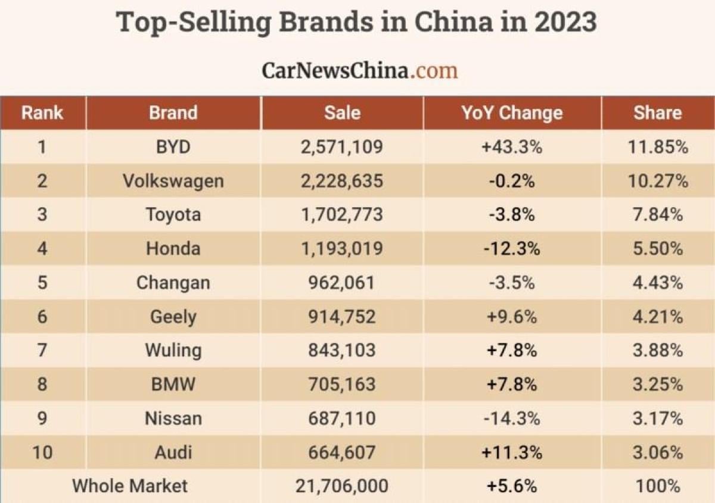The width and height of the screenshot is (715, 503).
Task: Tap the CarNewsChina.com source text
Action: pyautogui.click(x=359, y=70)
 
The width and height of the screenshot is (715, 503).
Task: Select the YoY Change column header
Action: pyautogui.click(x=512, y=113)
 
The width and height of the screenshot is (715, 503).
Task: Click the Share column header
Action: pyautogui.click(x=657, y=113)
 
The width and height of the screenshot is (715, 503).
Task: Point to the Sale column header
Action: pyautogui.click(x=342, y=113)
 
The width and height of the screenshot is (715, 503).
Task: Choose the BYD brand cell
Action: pyautogui.click(x=173, y=146)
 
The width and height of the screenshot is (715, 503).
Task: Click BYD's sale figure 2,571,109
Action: pyautogui.click(x=342, y=146)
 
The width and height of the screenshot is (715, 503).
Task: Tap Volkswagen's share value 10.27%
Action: pyautogui.click(x=657, y=180)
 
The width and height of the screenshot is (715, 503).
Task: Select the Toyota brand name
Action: pyautogui.click(x=173, y=214)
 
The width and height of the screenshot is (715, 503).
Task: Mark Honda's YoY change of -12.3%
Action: pyautogui.click(x=512, y=248)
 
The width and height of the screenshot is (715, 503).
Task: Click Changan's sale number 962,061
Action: pyautogui.click(x=342, y=282)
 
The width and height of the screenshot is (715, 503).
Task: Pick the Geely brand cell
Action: pyautogui.click(x=173, y=316)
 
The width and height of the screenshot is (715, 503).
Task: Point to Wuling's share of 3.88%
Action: pyautogui.click(x=657, y=350)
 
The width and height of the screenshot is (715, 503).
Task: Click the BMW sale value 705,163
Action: pyautogui.click(x=342, y=384)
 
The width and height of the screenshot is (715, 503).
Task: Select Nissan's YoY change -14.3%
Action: pyautogui.click(x=512, y=418)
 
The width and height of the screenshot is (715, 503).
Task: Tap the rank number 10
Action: pyautogui.click(x=42, y=452)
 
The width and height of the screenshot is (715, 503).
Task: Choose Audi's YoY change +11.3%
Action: pyautogui.click(x=512, y=452)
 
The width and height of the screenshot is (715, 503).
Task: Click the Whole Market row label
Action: pyautogui.click(x=130, y=486)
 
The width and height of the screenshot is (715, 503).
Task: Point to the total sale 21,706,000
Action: pyautogui.click(x=342, y=486)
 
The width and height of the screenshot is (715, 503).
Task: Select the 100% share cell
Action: pyautogui.click(x=657, y=486)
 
